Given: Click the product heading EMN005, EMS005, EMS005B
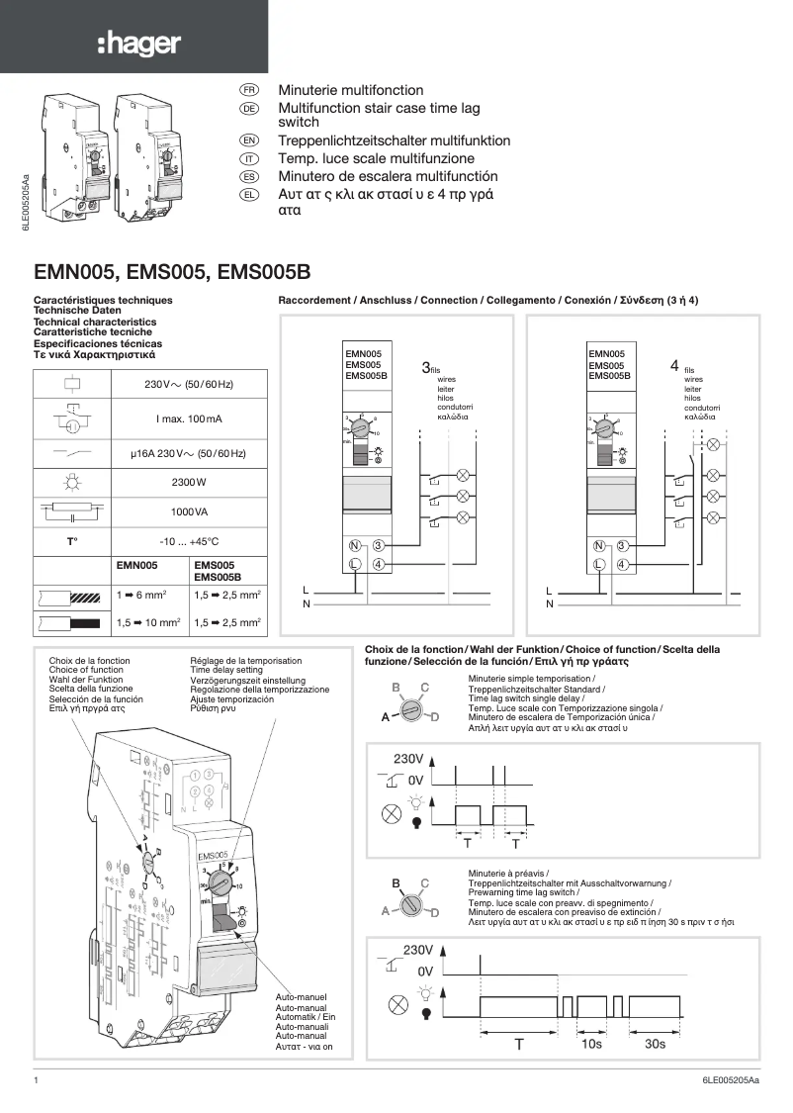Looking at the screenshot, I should [x=172, y=271].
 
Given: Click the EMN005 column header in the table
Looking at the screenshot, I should [x=137, y=565].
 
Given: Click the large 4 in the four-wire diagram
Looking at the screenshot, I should [x=674, y=366].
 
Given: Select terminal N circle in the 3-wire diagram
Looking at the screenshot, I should [x=354, y=545].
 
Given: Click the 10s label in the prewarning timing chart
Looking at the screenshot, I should [x=591, y=1044].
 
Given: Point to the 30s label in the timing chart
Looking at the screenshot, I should [x=655, y=1044].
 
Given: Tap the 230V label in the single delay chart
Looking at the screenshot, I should [x=408, y=759].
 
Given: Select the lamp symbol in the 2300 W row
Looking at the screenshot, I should [x=72, y=482].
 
